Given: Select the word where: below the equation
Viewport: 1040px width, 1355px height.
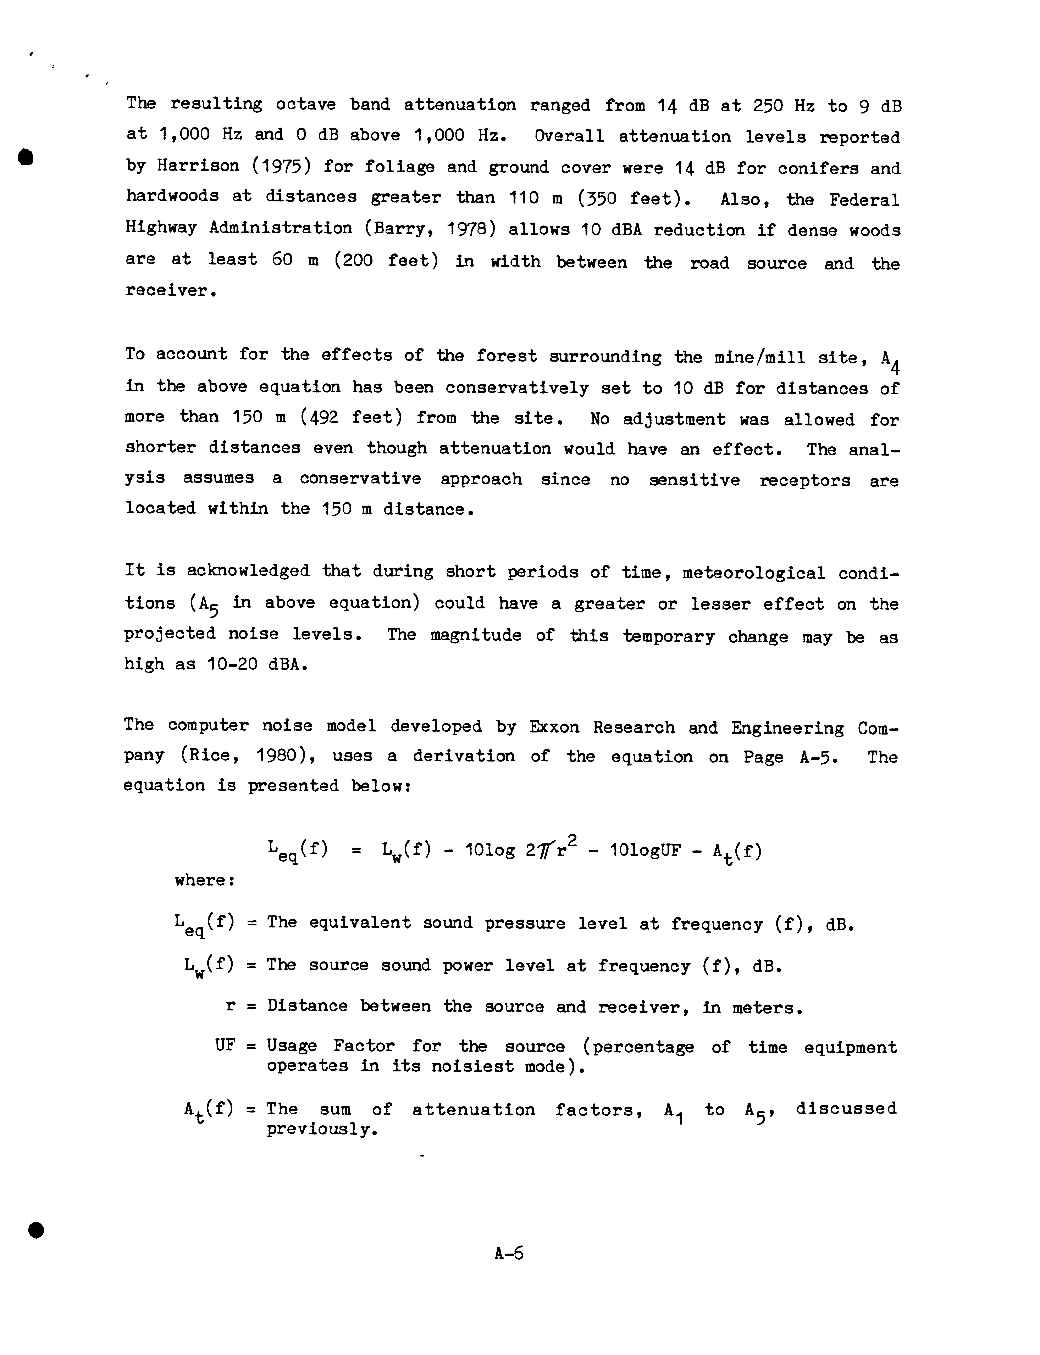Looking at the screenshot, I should click(x=204, y=880).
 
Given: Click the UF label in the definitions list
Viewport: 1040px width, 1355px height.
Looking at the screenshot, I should click(x=225, y=1046).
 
